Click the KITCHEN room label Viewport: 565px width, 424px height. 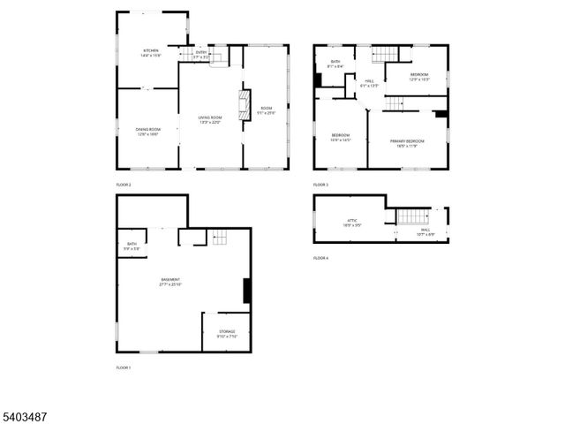151,52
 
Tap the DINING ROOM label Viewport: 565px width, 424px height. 147,131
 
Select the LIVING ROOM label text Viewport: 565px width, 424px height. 209,118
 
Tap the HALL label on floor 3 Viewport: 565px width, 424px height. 370,82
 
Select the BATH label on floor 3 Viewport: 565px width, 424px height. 335,63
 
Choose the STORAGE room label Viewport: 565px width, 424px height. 228,333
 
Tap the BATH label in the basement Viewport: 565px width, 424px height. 132,245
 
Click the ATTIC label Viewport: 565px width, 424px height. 351,223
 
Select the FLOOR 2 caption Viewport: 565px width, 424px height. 124,185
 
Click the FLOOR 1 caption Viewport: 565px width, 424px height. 124,367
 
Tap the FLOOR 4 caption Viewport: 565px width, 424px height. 320,258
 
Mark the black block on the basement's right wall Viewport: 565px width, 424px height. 248,291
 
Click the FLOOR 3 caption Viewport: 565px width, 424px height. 320,185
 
